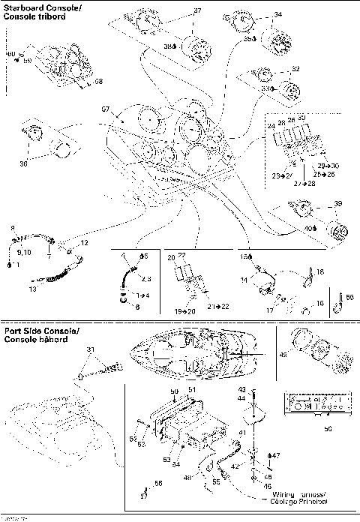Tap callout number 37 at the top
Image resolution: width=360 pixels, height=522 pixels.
pos(197,11)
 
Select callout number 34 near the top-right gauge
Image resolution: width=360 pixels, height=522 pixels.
pos(278,15)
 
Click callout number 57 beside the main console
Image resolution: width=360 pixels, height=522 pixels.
pos(106,109)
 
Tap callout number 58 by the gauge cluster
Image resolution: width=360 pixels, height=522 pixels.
pos(97,80)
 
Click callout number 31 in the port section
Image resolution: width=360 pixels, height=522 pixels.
pos(91,349)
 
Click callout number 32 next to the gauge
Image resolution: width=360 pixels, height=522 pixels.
pos(295,69)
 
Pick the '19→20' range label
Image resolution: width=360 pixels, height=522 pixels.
pos(179,309)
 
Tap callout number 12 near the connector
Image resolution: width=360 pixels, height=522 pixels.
pos(84,243)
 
